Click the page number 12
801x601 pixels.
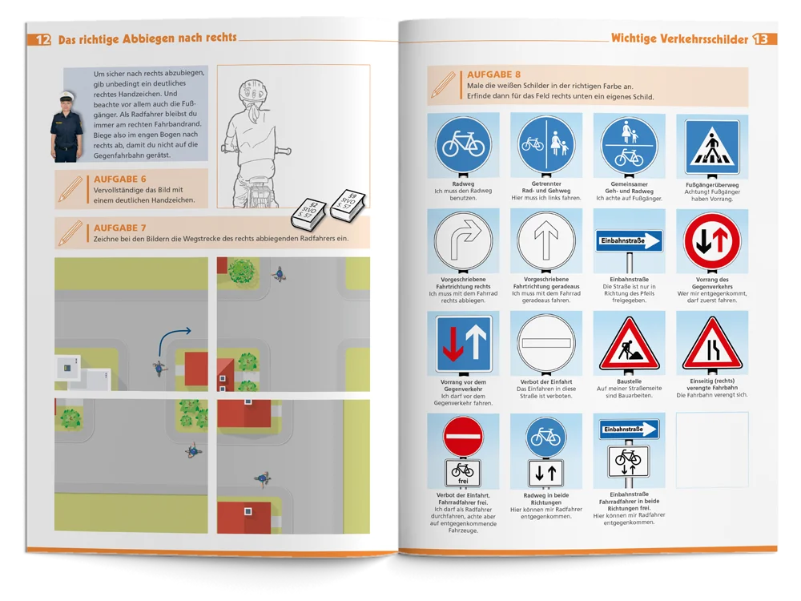pos(43,40)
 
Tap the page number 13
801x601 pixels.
pos(761,38)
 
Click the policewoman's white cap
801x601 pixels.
pos(67,95)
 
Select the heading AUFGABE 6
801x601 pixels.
pos(119,179)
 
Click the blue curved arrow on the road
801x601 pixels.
pos(172,340)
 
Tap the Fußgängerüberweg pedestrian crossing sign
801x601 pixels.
pos(711,147)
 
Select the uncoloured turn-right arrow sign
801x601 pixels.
pos(463,240)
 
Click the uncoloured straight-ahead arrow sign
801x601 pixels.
pos(545,240)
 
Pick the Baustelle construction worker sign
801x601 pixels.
pos(629,344)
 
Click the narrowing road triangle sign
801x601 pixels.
pos(711,344)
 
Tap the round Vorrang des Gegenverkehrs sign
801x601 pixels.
pos(711,241)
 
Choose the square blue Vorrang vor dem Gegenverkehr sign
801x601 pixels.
pos(463,344)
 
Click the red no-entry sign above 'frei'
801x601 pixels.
pos(463,437)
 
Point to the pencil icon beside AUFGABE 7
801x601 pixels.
pos(70,232)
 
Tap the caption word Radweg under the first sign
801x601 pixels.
pos(463,184)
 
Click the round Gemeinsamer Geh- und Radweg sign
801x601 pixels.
pos(629,146)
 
